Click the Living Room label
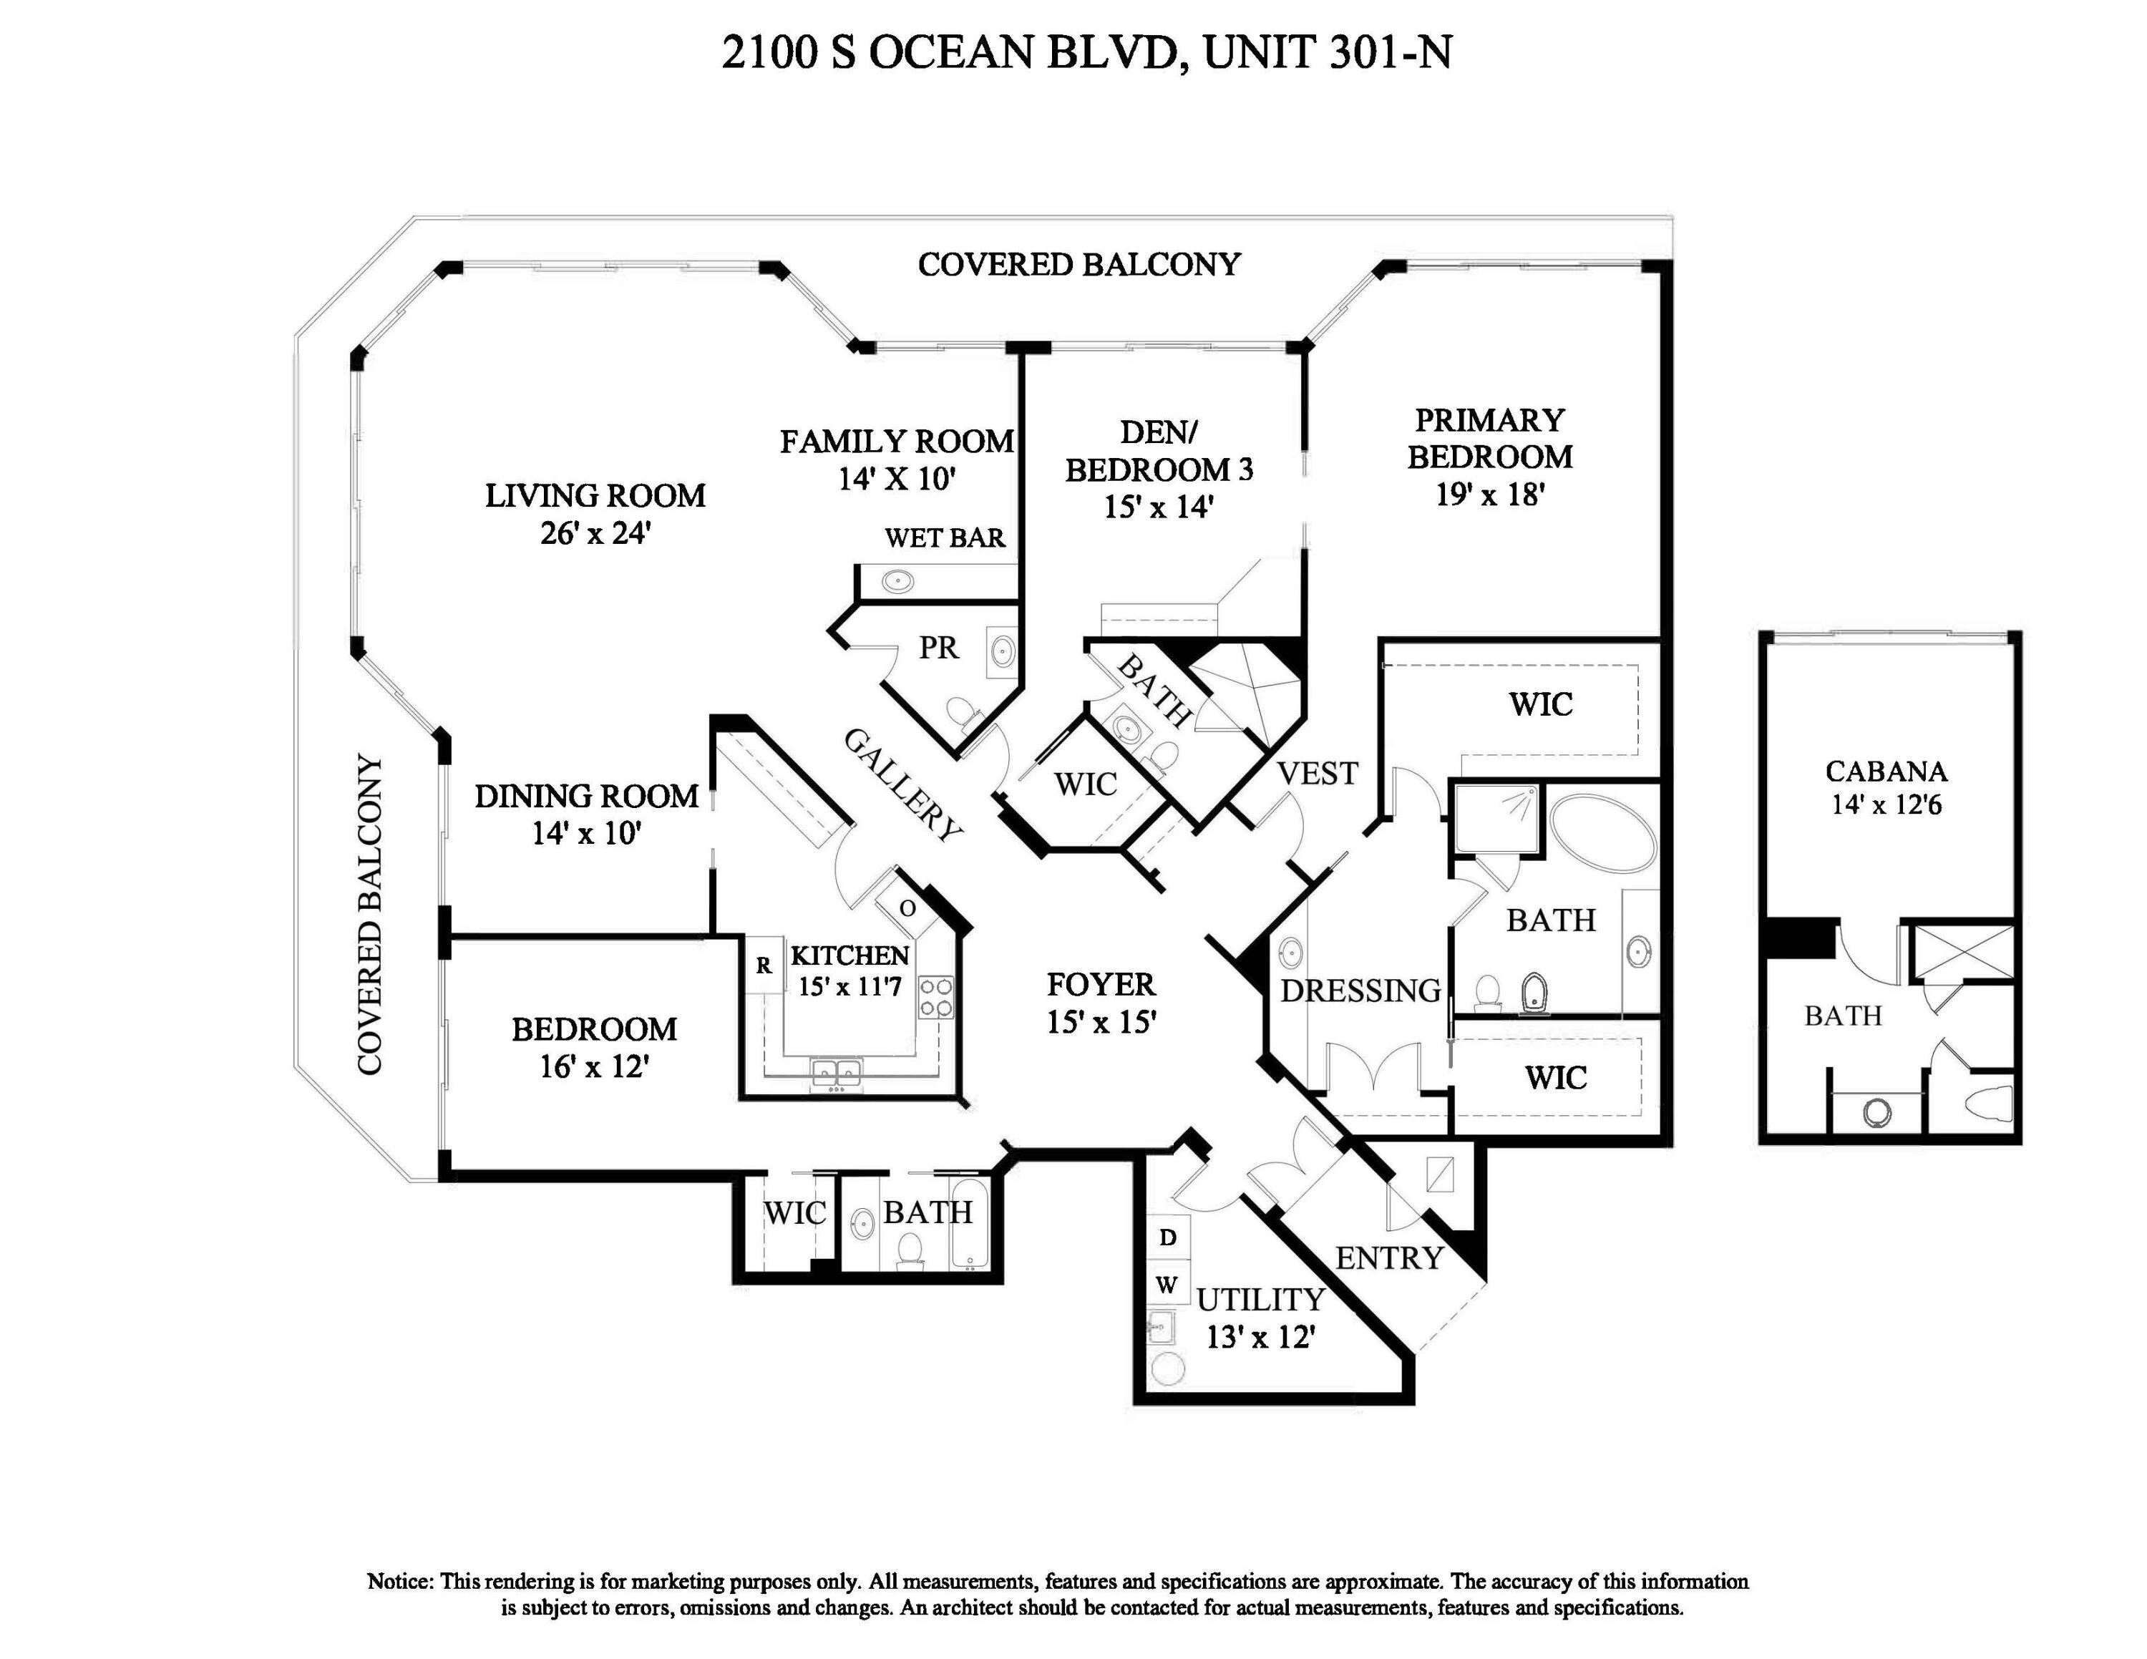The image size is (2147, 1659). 595,495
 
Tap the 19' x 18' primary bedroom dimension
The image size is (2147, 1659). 1489,495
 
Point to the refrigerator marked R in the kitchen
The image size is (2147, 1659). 764,965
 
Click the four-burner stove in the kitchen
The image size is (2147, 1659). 935,996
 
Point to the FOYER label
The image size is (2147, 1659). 1100,985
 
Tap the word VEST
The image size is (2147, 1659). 1318,774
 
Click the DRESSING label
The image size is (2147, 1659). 1360,991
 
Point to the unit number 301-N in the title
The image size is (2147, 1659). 1390,53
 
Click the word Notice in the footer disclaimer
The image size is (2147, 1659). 399,1582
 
